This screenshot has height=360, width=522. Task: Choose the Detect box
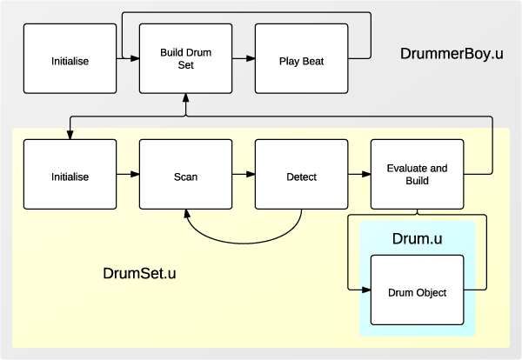point(301,177)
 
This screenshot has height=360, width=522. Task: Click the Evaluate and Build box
point(418,177)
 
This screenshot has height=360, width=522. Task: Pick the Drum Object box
point(418,292)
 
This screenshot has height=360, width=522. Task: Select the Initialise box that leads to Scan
point(70,177)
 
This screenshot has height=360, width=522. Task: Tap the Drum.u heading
point(418,237)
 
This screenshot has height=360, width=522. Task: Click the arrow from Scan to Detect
point(244,177)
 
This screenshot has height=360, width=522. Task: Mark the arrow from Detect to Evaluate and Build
point(359,177)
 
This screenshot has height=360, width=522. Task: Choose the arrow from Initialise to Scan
point(128,177)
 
